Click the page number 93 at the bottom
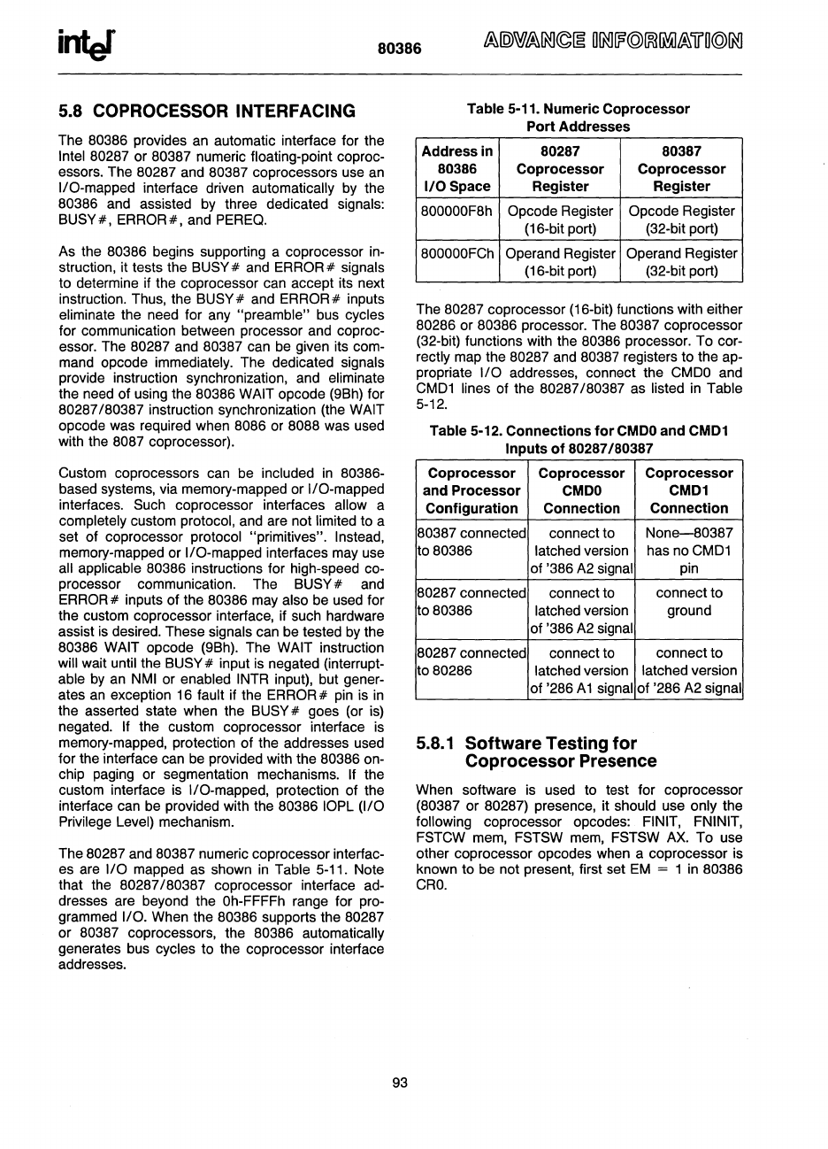tap(399, 1082)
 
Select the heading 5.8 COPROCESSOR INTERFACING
tap(207, 112)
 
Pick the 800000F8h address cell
tap(456, 212)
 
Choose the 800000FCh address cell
tap(457, 253)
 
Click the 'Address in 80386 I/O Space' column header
tap(457, 169)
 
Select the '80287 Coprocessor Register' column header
tap(560, 169)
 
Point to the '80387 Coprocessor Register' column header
tap(681, 169)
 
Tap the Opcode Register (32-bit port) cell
tap(681, 220)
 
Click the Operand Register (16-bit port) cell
tap(560, 262)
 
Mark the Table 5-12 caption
tap(579, 439)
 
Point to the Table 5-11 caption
tap(579, 118)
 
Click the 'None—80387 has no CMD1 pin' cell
tap(688, 551)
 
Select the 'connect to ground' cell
tap(688, 602)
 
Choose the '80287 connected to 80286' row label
tap(471, 662)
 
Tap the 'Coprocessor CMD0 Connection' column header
tap(581, 491)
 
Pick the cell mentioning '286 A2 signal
tap(688, 671)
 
